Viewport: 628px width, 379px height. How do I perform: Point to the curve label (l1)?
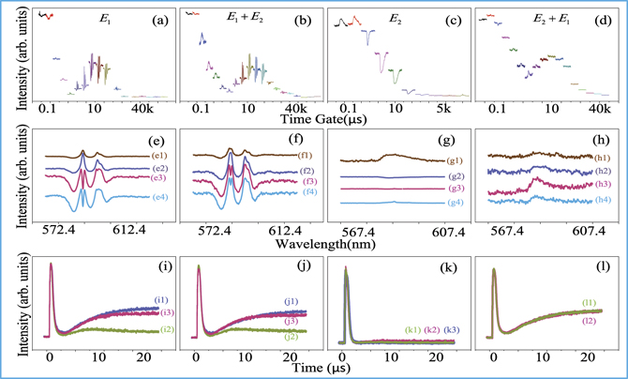590,303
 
